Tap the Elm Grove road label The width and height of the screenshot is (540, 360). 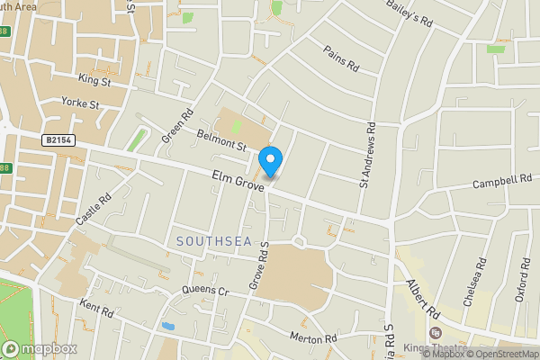click(238, 180)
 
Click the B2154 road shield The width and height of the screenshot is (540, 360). click(58, 141)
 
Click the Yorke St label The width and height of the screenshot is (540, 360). click(80, 103)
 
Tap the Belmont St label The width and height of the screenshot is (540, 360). click(221, 139)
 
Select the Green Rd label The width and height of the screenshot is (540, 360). click(177, 126)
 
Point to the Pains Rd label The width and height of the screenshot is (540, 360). click(341, 59)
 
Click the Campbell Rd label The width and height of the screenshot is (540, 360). click(504, 183)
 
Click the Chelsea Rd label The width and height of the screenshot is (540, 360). click(475, 283)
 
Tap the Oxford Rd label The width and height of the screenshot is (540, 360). click(523, 281)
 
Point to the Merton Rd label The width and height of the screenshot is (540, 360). click(313, 338)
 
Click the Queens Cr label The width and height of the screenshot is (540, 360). click(206, 291)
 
